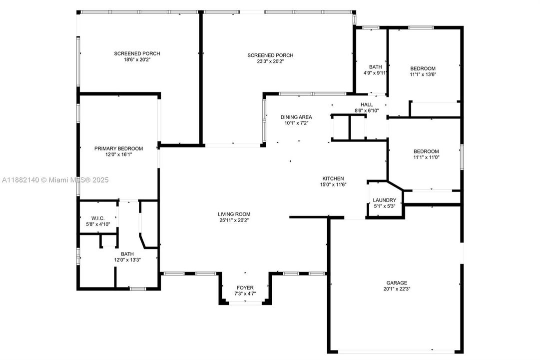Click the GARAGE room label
tap(396, 282)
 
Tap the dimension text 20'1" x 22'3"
tap(396, 288)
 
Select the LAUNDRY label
tap(384, 200)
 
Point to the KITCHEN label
tap(333, 178)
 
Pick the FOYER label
tap(245, 287)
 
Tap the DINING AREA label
tap(296, 117)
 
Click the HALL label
tap(367, 104)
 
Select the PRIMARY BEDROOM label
tap(118, 148)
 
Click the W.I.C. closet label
tap(97, 217)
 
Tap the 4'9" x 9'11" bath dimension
tap(375, 73)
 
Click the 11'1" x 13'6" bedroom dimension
tap(423, 74)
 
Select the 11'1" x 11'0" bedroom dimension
tap(426, 157)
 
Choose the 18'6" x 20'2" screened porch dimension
tap(137, 59)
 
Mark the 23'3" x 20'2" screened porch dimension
tap(270, 61)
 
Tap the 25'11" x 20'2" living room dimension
tap(234, 220)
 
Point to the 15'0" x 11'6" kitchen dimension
tap(333, 184)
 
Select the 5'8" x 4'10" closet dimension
tap(97, 223)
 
